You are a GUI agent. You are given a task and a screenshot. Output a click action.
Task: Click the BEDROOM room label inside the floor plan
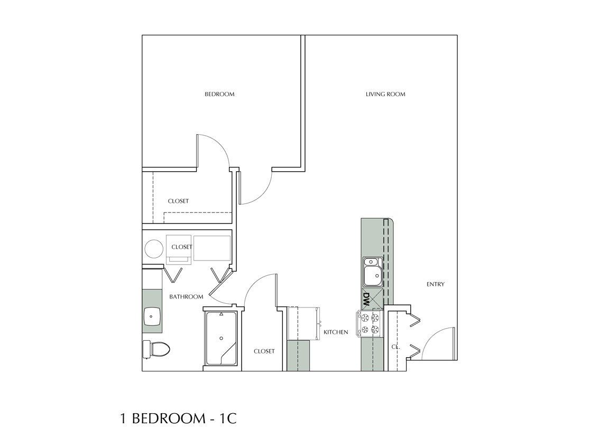tap(219, 95)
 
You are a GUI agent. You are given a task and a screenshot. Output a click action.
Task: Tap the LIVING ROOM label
tap(385, 95)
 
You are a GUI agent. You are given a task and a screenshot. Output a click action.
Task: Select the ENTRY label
tap(435, 284)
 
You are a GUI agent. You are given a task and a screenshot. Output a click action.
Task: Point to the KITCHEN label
tap(336, 332)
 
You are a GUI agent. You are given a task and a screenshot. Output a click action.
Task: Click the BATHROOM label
tap(186, 297)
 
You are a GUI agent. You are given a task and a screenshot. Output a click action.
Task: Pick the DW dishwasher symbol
tap(366, 300)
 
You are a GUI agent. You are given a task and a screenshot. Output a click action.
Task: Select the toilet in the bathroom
tap(155, 348)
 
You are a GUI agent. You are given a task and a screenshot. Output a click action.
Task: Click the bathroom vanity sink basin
tap(152, 316)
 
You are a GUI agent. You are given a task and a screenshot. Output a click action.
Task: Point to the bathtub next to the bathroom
tap(220, 338)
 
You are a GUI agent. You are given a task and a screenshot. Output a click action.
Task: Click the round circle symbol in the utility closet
tap(154, 249)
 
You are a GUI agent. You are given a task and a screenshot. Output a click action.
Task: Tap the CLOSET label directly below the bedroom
tap(178, 201)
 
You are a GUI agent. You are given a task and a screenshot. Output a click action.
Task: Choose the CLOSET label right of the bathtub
tap(264, 351)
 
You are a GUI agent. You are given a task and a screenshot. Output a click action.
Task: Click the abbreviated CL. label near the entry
tap(395, 348)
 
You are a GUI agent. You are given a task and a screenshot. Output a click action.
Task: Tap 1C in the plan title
tap(225, 419)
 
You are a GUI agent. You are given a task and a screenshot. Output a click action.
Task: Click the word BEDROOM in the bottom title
tap(166, 419)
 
